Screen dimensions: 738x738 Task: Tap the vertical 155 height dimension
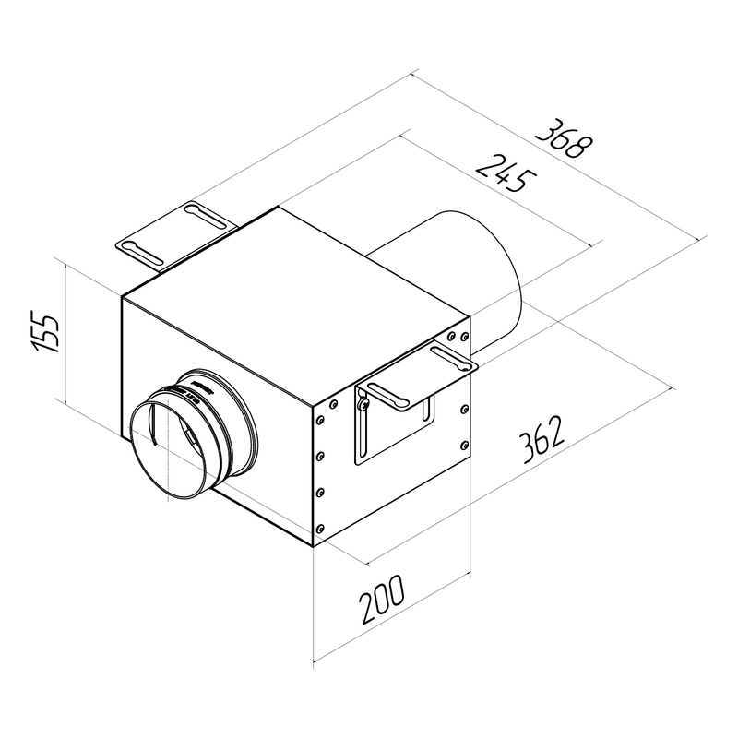[45, 331]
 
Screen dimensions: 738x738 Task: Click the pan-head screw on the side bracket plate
[365, 403]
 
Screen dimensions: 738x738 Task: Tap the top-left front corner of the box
[122, 294]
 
